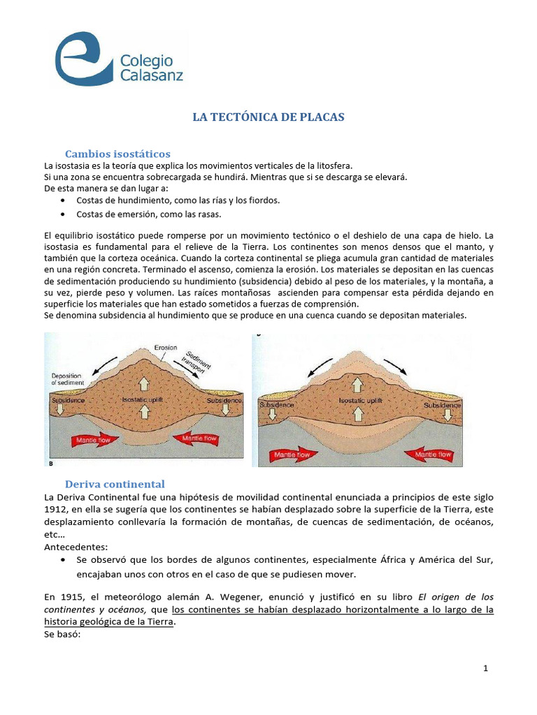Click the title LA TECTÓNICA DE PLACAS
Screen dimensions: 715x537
pyautogui.click(x=268, y=117)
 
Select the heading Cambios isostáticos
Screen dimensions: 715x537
pyautogui.click(x=117, y=154)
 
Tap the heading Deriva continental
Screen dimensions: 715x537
pyautogui.click(x=115, y=484)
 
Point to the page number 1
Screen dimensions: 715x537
pyautogui.click(x=485, y=668)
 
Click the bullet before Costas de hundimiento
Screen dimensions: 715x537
pyautogui.click(x=64, y=200)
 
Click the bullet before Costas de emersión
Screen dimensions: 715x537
pyautogui.click(x=64, y=214)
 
